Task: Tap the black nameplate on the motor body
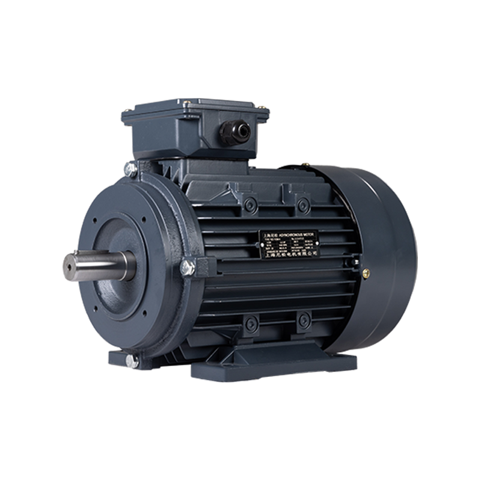point(289,243)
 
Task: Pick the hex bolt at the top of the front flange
point(131,170)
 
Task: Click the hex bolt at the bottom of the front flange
point(131,360)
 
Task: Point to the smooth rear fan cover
point(385,259)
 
